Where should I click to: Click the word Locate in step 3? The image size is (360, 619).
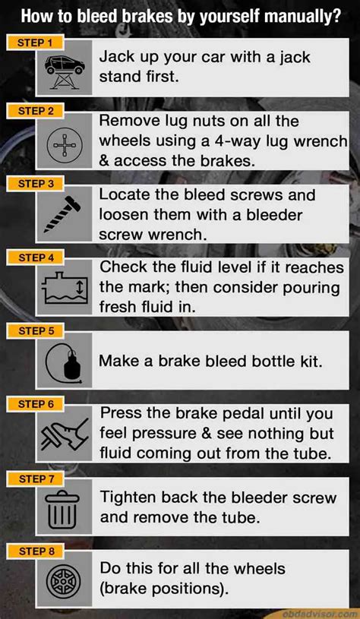click(126, 194)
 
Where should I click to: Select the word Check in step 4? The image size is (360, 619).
click(124, 267)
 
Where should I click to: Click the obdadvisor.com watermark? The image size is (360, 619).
click(319, 612)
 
